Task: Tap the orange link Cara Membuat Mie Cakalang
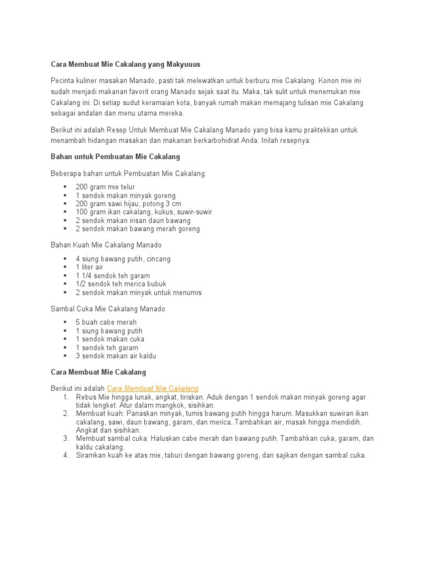pyautogui.click(x=152, y=388)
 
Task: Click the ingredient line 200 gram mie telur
pyautogui.click(x=105, y=187)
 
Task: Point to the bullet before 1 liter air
pyautogui.click(x=65, y=267)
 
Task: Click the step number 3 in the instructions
pyautogui.click(x=66, y=438)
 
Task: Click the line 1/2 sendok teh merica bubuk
pyautogui.click(x=121, y=284)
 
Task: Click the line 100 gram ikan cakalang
pyautogui.click(x=144, y=212)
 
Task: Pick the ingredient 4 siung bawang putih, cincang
pyautogui.click(x=123, y=259)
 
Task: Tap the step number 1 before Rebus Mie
pyautogui.click(x=66, y=396)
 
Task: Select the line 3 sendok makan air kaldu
pyautogui.click(x=116, y=356)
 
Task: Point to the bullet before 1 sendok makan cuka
pyautogui.click(x=65, y=339)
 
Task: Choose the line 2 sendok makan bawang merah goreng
pyautogui.click(x=137, y=229)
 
